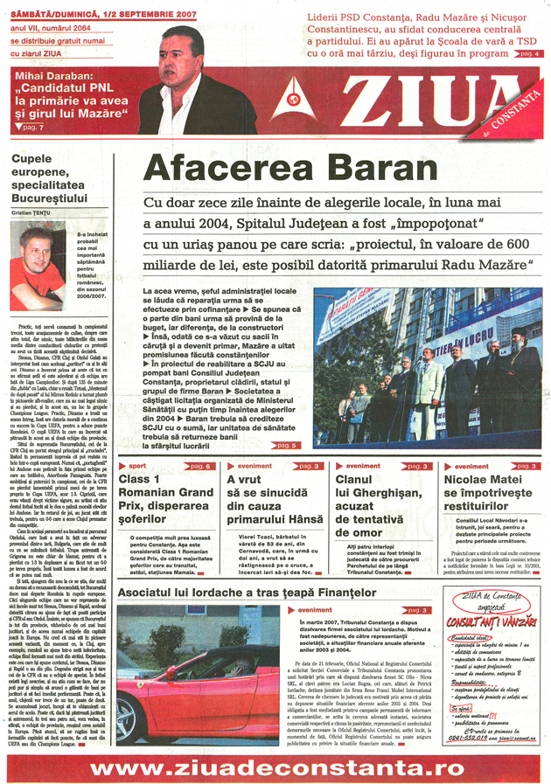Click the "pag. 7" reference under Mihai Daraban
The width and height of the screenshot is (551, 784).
(x=30, y=128)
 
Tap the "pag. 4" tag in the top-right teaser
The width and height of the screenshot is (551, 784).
(x=527, y=54)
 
